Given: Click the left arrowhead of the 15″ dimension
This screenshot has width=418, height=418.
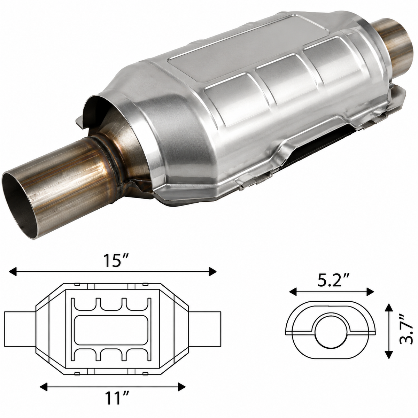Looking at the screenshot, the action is tap(13, 272).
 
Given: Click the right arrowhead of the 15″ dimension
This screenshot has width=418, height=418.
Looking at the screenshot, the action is tap(212, 272).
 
